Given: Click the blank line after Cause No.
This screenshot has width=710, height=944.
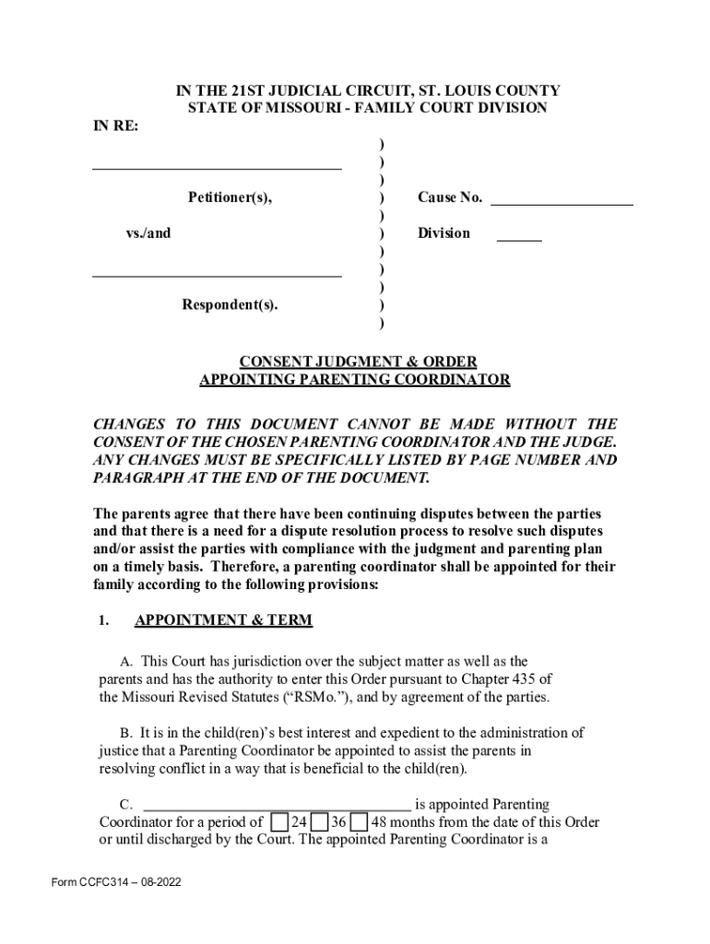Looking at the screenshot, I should (562, 201).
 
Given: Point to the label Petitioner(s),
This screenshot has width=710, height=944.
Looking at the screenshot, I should (231, 197).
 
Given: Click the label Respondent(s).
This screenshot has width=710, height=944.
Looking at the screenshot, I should (230, 305).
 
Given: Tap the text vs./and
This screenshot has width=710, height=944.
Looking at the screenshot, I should (148, 233).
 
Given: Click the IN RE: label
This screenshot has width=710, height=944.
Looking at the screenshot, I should (115, 126).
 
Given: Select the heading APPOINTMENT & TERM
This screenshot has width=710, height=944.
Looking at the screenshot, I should (223, 620).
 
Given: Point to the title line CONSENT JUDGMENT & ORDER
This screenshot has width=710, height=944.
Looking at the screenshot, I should (355, 361).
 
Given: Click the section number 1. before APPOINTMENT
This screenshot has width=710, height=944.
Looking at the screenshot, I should (103, 620).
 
